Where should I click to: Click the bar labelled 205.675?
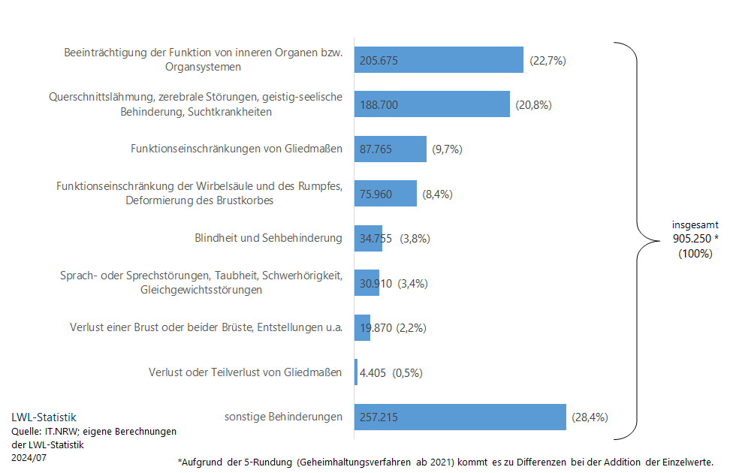click(x=439, y=60)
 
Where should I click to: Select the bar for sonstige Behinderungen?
click(x=460, y=417)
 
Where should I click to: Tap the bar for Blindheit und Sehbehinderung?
click(x=368, y=239)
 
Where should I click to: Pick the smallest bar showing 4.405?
click(x=356, y=372)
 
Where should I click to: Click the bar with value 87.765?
click(x=390, y=149)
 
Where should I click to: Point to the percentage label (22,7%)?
click(x=547, y=60)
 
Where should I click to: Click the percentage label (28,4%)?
click(x=590, y=417)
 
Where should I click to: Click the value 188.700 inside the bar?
click(x=379, y=105)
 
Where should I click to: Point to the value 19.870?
click(x=376, y=328)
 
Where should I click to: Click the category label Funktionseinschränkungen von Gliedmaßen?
click(x=237, y=149)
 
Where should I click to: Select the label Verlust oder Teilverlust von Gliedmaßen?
click(x=246, y=372)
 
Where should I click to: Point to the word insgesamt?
click(x=695, y=224)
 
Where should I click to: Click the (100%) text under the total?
click(x=695, y=254)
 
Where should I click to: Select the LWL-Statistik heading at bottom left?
click(x=44, y=417)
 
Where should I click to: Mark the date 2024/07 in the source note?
click(x=29, y=457)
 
